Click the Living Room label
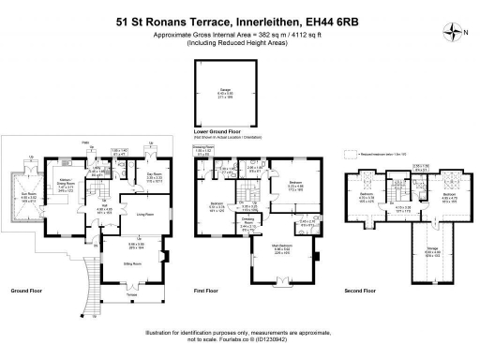144,214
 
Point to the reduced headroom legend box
350,153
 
